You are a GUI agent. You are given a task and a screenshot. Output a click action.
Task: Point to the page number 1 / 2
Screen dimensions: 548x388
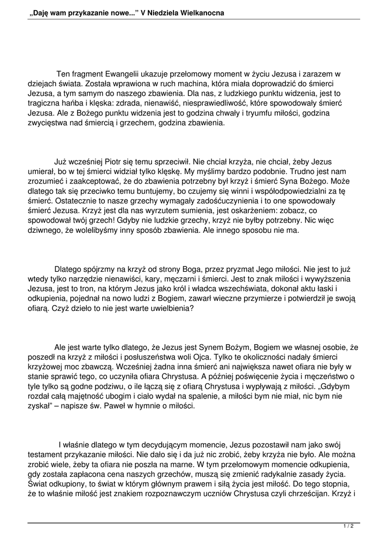[348, 527]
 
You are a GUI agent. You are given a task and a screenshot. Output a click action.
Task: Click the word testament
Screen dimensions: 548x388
[47, 454]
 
